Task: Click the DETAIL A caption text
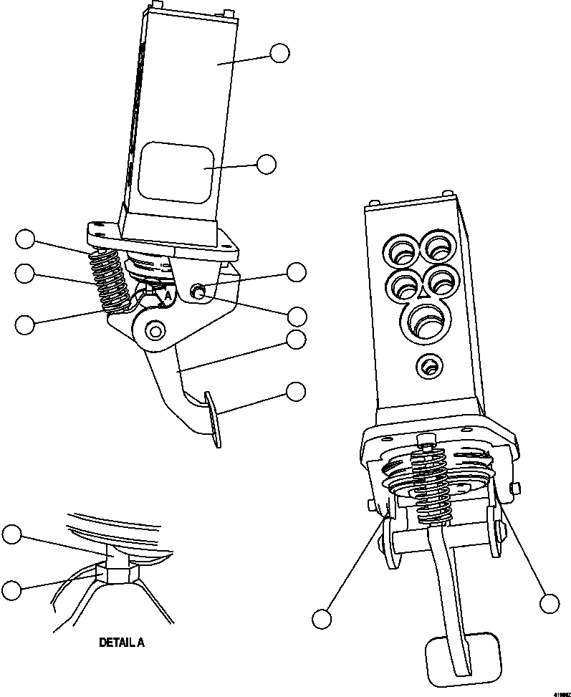(121, 643)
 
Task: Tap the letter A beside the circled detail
(168, 294)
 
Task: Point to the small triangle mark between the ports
(423, 293)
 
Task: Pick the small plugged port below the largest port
(428, 367)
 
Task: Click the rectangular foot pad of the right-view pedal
(457, 658)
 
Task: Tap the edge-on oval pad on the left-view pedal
(213, 418)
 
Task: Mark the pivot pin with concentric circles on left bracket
(155, 330)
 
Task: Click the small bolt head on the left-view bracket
(197, 291)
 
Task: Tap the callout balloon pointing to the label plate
(266, 164)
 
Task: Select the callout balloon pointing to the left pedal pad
(295, 391)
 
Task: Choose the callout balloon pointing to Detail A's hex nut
(11, 590)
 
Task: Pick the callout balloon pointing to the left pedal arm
(295, 340)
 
